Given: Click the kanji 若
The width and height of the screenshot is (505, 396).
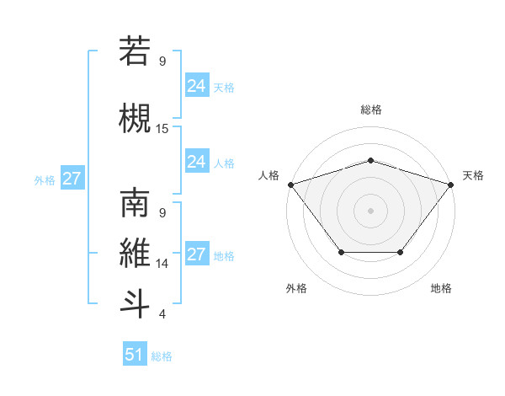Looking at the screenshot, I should pos(135,51).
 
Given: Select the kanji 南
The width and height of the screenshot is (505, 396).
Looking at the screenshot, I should pos(135,203).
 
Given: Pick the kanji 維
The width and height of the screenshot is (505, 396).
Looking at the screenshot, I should pos(135,254).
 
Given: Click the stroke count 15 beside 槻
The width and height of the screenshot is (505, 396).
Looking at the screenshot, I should pos(162,129).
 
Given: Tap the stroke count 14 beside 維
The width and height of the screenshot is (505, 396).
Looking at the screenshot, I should pos(162,264).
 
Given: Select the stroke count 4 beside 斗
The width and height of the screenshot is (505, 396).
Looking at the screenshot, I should pos(162,314).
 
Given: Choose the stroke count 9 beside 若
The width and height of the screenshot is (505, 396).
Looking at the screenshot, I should pos(162,61).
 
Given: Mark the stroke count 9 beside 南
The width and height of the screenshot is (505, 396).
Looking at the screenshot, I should pos(162,212).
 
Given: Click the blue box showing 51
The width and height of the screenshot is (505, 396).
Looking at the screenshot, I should pos(135,355).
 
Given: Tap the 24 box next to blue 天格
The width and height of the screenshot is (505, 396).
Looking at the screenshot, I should pos(197,86).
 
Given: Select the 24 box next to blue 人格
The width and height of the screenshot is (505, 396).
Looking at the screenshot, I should pos(197,162).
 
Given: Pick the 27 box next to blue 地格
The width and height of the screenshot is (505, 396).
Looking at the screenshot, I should pos(197,254).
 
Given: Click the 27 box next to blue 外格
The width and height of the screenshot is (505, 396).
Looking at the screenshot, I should pos(72,179).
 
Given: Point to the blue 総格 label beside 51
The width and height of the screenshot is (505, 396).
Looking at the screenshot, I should pos(162,356).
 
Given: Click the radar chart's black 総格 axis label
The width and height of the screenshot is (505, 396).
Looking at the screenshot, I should pos(371,110).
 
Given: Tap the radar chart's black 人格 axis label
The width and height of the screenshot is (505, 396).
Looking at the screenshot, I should pos(270,174).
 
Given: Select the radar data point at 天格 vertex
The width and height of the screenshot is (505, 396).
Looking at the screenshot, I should pos(451,184).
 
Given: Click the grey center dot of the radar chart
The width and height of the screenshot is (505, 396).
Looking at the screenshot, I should pos(370,210).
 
